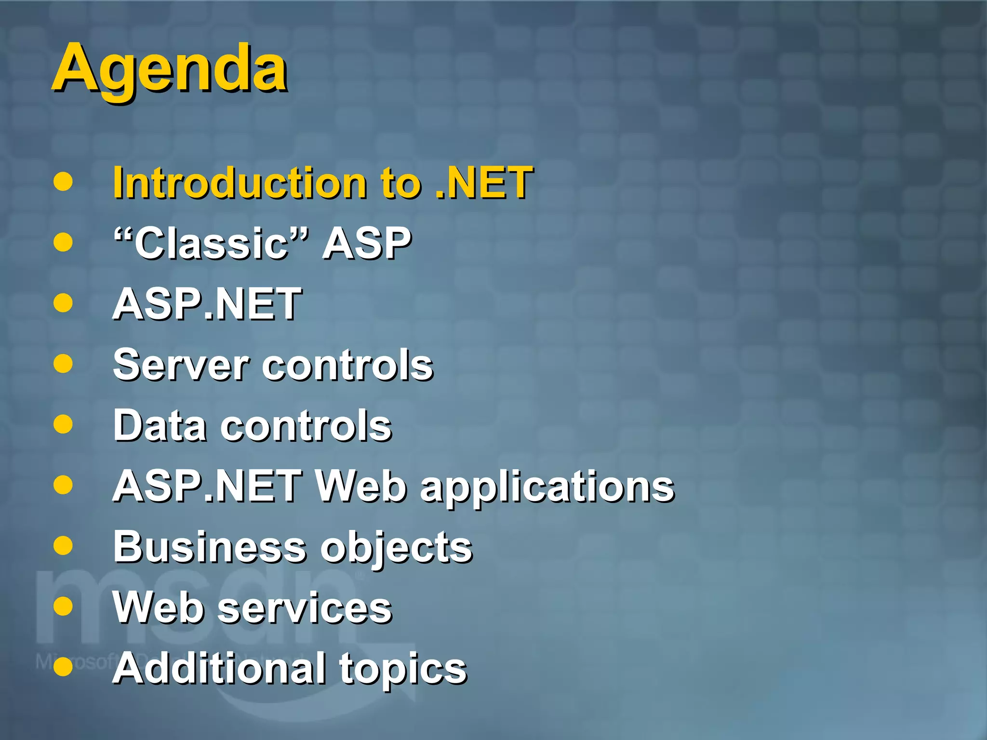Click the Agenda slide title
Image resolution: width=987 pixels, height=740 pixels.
[x=170, y=69]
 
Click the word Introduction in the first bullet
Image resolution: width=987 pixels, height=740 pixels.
[x=240, y=183]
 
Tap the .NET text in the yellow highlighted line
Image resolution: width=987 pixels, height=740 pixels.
[x=483, y=183]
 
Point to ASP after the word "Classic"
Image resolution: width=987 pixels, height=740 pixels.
[x=366, y=243]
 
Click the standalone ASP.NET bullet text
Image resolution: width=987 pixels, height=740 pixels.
[x=207, y=304]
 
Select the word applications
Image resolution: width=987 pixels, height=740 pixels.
[x=547, y=487]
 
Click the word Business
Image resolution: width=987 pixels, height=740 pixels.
[x=210, y=547]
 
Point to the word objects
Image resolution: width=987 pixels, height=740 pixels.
[x=396, y=548]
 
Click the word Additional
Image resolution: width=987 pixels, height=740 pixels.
[x=218, y=668]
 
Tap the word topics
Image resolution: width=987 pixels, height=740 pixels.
[x=403, y=669]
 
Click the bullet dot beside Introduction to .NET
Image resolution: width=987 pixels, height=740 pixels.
[x=63, y=182]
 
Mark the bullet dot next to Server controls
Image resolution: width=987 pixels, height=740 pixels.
[x=63, y=364]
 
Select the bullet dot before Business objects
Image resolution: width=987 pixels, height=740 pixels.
[x=63, y=546]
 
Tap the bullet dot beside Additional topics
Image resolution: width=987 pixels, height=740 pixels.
[x=63, y=667]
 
